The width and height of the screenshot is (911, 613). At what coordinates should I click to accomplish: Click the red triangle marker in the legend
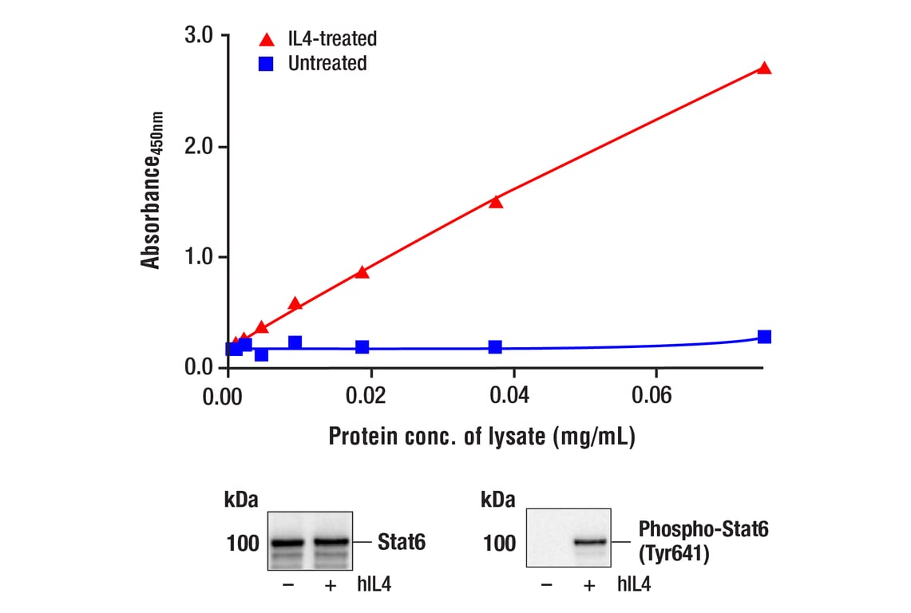pyautogui.click(x=267, y=39)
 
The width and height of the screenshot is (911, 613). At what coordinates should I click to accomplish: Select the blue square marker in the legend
pyautogui.click(x=267, y=64)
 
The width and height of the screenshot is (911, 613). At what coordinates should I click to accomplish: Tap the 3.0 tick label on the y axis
pyautogui.click(x=198, y=35)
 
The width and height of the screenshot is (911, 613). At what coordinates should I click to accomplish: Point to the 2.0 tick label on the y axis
pyautogui.click(x=198, y=147)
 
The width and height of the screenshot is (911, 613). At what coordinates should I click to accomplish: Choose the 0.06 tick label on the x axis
pyautogui.click(x=656, y=396)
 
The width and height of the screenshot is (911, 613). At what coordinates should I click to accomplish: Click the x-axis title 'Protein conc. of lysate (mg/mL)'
pyautogui.click(x=481, y=437)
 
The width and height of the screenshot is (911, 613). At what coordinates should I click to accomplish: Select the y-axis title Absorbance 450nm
pyautogui.click(x=151, y=190)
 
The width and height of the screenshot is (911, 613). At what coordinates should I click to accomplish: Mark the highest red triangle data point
pyautogui.click(x=764, y=69)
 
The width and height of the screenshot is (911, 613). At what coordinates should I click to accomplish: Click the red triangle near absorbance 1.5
pyautogui.click(x=496, y=202)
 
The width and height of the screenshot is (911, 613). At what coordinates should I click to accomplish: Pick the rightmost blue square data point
pyautogui.click(x=764, y=337)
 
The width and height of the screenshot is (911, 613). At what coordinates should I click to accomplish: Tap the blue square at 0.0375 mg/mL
pyautogui.click(x=495, y=347)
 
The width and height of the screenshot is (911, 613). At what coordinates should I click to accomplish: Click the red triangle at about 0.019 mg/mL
pyautogui.click(x=362, y=272)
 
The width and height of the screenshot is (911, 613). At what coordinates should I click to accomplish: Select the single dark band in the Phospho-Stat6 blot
pyautogui.click(x=589, y=543)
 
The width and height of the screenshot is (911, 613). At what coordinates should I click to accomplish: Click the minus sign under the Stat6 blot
pyautogui.click(x=288, y=585)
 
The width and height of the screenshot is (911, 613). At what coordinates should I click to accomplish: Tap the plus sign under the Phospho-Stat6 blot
pyautogui.click(x=589, y=585)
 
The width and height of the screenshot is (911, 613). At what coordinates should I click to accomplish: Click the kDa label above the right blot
pyautogui.click(x=498, y=500)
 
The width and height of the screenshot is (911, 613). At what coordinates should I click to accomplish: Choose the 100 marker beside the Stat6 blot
pyautogui.click(x=243, y=544)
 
